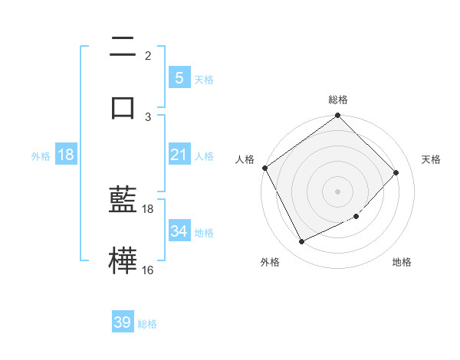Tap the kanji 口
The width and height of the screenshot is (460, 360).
click(123, 106)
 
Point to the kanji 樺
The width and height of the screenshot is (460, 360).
click(123, 259)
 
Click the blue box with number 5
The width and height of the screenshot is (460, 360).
click(179, 77)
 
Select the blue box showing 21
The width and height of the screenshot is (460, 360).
click(179, 155)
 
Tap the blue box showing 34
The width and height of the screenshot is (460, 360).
click(179, 231)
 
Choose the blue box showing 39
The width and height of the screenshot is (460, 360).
click(123, 322)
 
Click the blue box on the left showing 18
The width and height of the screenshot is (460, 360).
click(66, 155)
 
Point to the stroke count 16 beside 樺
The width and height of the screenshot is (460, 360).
click(147, 270)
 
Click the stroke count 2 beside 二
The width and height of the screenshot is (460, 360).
click(148, 55)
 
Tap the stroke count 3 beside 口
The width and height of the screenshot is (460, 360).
click(148, 116)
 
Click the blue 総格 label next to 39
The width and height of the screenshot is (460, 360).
click(147, 324)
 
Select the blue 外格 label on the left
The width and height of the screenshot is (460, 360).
click(41, 155)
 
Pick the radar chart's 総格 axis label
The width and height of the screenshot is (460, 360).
click(338, 100)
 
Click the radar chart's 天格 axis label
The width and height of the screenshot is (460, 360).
click(431, 159)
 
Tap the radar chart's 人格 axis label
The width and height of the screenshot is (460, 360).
click(245, 159)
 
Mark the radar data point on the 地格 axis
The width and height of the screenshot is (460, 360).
click(356, 217)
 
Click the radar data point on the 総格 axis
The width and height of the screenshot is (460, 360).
click(338, 116)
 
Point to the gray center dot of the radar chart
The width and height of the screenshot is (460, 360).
click(338, 191)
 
